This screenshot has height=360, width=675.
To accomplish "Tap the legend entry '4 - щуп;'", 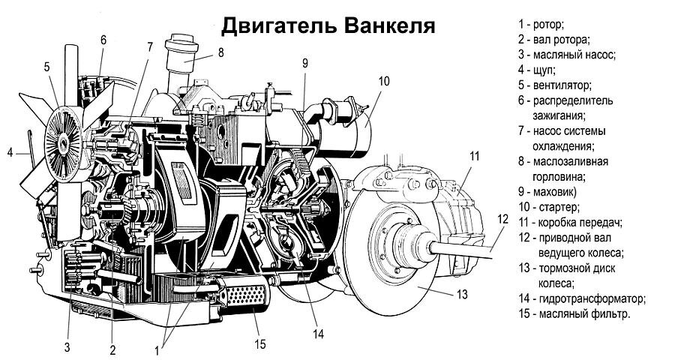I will [x=536, y=70].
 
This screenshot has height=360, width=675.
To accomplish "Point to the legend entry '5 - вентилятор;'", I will [x=554, y=85].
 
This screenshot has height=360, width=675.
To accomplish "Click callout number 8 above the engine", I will [x=220, y=52].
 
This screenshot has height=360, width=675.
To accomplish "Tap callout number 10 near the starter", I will [x=383, y=81].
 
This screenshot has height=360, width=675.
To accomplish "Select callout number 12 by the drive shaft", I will [x=502, y=219].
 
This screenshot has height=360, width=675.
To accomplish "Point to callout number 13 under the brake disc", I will [x=461, y=292].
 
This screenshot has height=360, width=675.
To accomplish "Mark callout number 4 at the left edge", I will [x=10, y=153].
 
